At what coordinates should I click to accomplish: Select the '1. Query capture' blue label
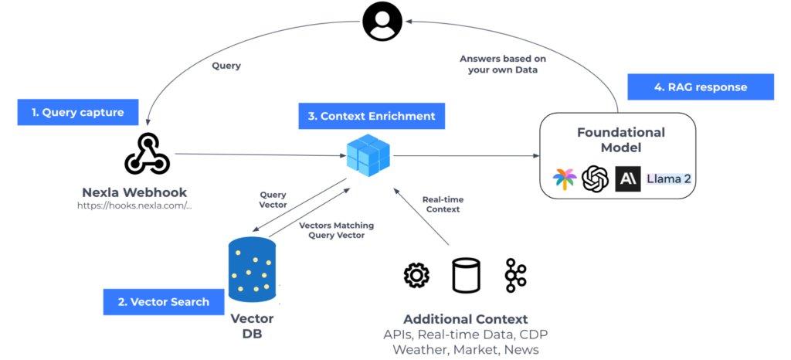pyautogui.click(x=78, y=112)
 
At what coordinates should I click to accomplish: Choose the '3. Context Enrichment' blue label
pyautogui.click(x=371, y=116)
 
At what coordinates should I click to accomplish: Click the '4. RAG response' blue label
pyautogui.click(x=701, y=87)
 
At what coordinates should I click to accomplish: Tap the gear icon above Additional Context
pyautogui.click(x=416, y=275)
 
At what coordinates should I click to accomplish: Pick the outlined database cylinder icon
pyautogui.click(x=465, y=275)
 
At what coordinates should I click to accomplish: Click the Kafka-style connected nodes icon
pyautogui.click(x=514, y=275)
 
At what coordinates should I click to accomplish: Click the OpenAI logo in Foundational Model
pyautogui.click(x=595, y=178)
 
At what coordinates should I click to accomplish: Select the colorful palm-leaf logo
pyautogui.click(x=565, y=179)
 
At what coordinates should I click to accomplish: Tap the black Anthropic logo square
pyautogui.click(x=627, y=178)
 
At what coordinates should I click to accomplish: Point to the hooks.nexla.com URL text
pyautogui.click(x=134, y=205)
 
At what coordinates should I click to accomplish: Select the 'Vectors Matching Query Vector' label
pyautogui.click(x=336, y=230)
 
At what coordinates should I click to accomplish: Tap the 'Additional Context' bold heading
pyautogui.click(x=465, y=319)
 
